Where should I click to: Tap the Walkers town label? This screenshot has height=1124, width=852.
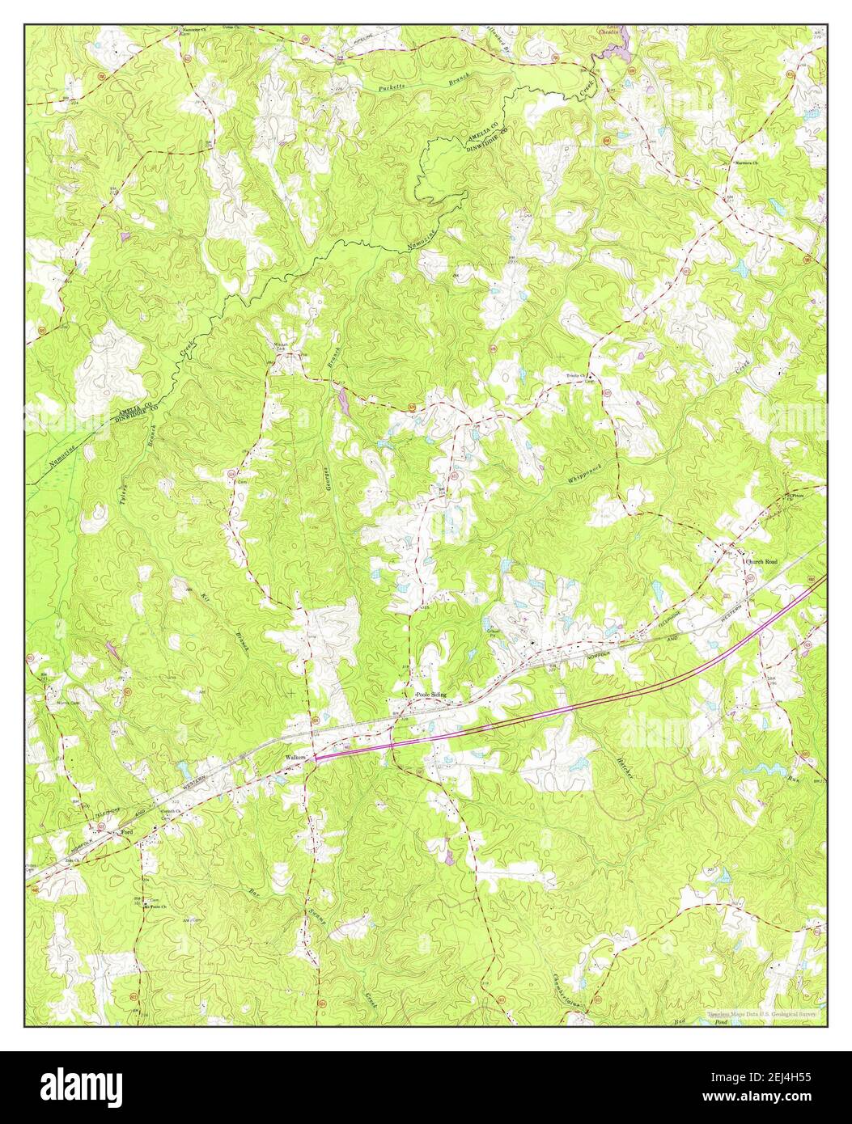pyautogui.click(x=293, y=757)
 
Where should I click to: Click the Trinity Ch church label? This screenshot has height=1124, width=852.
pyautogui.click(x=579, y=376)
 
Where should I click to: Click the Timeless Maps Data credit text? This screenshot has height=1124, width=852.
pyautogui.click(x=761, y=1012)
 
